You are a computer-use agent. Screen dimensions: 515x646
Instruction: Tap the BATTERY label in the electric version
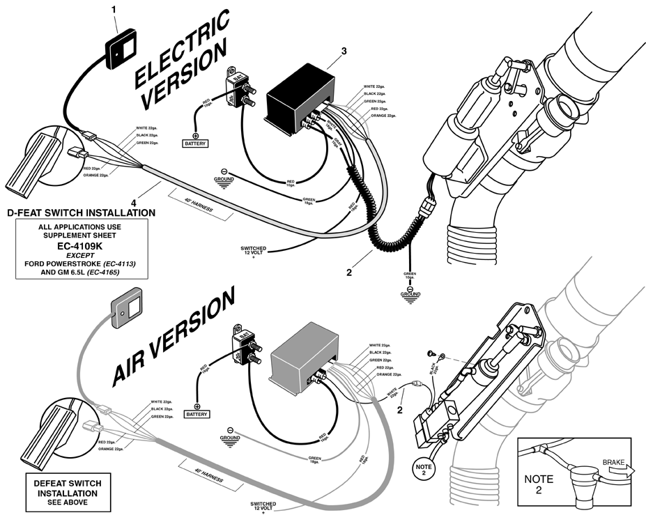point(196,144)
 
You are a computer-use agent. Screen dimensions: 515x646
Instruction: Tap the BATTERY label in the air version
point(197,414)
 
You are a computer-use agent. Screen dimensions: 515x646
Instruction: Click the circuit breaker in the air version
point(245,349)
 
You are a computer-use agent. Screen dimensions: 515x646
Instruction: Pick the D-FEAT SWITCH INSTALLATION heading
point(80,212)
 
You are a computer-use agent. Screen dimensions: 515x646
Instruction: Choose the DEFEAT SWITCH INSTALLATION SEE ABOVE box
point(63,492)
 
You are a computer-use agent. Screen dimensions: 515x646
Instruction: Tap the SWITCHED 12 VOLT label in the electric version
point(252,252)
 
